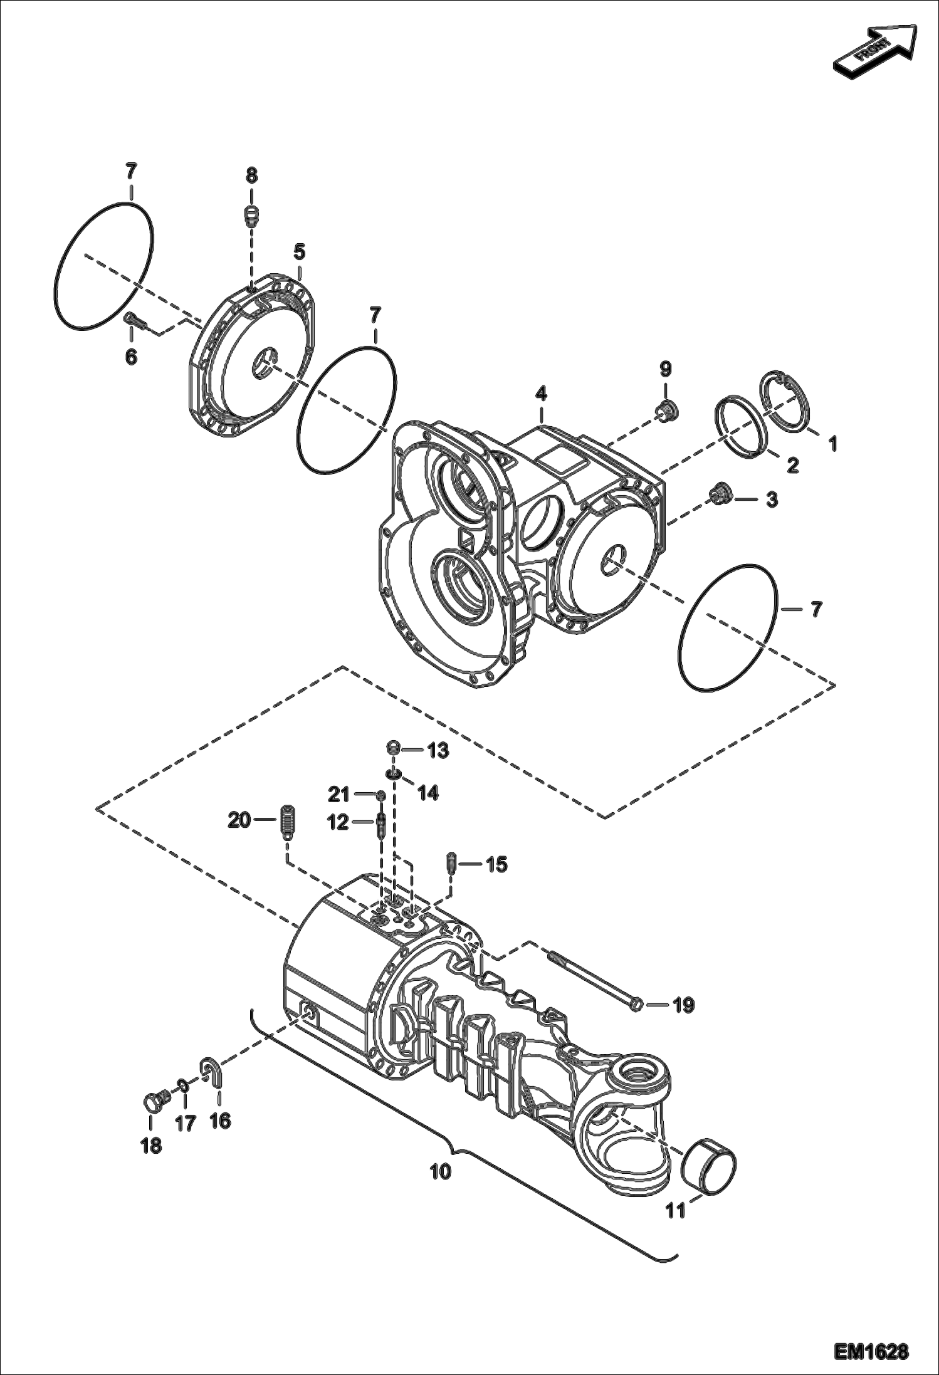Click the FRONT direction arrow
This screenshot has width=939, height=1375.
click(x=874, y=51)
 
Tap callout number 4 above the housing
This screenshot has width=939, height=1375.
click(x=541, y=394)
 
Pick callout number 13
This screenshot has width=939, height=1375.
click(x=438, y=750)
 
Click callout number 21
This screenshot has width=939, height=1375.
click(x=338, y=795)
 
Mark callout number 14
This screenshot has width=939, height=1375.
click(x=428, y=793)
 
